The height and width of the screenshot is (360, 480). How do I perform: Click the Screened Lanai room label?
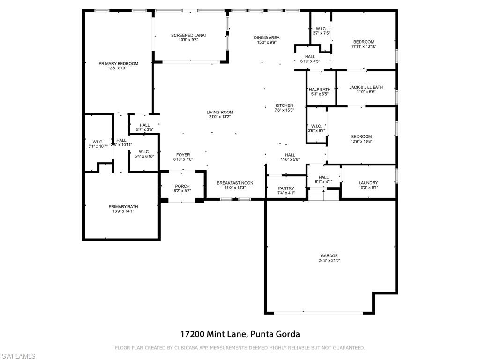point(188,35)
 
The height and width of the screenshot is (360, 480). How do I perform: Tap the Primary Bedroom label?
point(118,64)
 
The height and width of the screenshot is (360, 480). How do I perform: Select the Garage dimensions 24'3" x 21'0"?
point(329,260)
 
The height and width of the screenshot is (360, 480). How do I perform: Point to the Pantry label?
point(286,188)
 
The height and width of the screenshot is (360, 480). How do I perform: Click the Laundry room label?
point(368,183)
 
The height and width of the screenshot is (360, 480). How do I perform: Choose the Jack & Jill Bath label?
point(366,87)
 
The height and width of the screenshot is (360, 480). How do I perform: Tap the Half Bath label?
point(320,90)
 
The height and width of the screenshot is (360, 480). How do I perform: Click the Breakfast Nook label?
point(235,183)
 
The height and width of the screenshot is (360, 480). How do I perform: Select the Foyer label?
point(183,155)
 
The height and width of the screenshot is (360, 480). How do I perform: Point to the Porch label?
point(182,186)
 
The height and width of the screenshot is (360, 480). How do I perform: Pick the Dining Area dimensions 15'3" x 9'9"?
point(267,42)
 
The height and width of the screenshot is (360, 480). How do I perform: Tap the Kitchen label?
point(284,105)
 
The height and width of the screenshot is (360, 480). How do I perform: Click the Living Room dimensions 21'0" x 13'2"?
point(220,117)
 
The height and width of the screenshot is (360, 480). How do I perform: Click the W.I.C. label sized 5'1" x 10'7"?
point(98,142)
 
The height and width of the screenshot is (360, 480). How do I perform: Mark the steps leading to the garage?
point(323,194)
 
